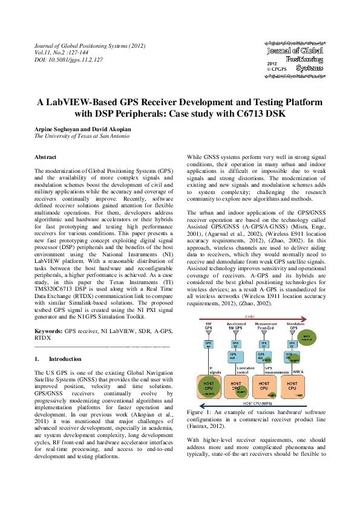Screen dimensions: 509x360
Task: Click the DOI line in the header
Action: point(68,60)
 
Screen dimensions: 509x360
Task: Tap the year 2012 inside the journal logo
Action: point(272,63)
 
